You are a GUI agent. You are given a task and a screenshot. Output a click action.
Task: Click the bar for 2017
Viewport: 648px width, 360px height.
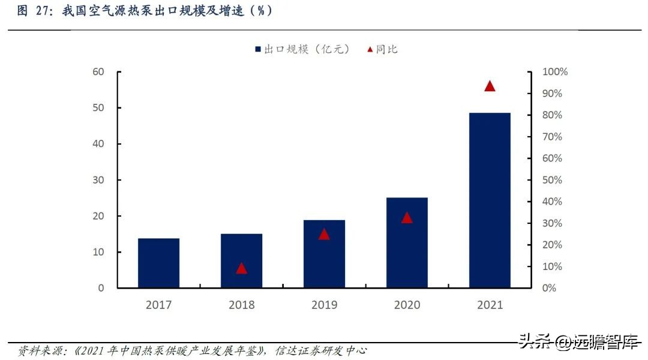point(158,263)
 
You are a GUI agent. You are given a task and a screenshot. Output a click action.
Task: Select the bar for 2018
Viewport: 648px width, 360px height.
point(241,261)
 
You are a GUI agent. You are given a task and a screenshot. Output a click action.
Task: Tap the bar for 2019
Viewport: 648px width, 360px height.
point(324,254)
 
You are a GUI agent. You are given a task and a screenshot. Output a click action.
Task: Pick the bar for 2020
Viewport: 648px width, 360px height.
point(407,243)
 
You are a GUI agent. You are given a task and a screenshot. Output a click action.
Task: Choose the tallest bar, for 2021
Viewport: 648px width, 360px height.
point(490,200)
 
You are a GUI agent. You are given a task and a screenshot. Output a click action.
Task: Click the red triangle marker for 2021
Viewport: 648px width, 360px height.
point(490,86)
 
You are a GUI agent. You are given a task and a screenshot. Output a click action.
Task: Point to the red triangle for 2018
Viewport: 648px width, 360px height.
point(241,268)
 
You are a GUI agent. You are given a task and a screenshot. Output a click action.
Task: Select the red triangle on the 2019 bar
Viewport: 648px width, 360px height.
point(324,234)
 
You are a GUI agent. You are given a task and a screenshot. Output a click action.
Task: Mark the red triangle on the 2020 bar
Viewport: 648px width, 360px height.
point(407,218)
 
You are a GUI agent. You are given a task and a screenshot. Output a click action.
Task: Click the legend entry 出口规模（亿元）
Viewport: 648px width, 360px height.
point(302,49)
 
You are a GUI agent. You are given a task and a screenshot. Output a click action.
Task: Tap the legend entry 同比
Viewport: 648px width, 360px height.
point(382,49)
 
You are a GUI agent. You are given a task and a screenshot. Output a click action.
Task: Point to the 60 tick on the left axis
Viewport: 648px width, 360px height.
point(98,72)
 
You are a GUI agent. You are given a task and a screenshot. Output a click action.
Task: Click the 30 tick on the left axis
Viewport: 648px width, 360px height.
point(98,180)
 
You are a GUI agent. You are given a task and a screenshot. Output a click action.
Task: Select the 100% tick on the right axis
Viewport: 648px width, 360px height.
point(554,72)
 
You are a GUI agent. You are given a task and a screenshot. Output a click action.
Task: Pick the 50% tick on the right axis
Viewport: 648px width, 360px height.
point(552,180)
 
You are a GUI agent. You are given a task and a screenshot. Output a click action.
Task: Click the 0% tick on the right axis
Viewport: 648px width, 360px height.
point(549,288)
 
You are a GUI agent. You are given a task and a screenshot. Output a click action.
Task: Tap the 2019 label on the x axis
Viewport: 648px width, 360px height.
point(324,305)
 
